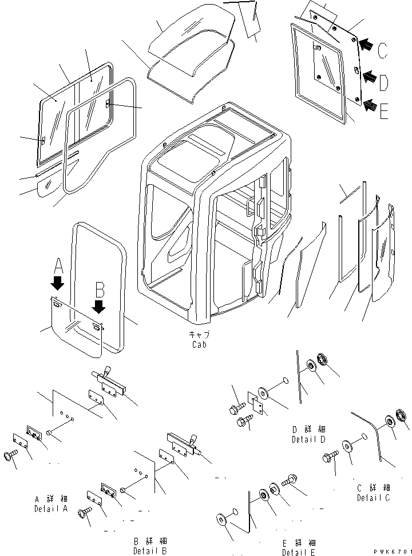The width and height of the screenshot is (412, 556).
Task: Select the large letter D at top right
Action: coord(383,83)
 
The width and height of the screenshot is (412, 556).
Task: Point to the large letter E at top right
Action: coord(383,110)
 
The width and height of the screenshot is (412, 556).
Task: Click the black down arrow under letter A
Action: coord(57,283)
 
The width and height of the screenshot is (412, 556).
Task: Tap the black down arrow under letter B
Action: coord(99,307)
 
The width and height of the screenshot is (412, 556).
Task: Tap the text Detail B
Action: coord(150,551)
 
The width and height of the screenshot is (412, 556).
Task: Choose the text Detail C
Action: coord(374,498)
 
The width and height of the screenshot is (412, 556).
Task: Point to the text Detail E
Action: coord(298,552)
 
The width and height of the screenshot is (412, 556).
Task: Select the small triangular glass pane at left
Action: coord(48,186)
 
